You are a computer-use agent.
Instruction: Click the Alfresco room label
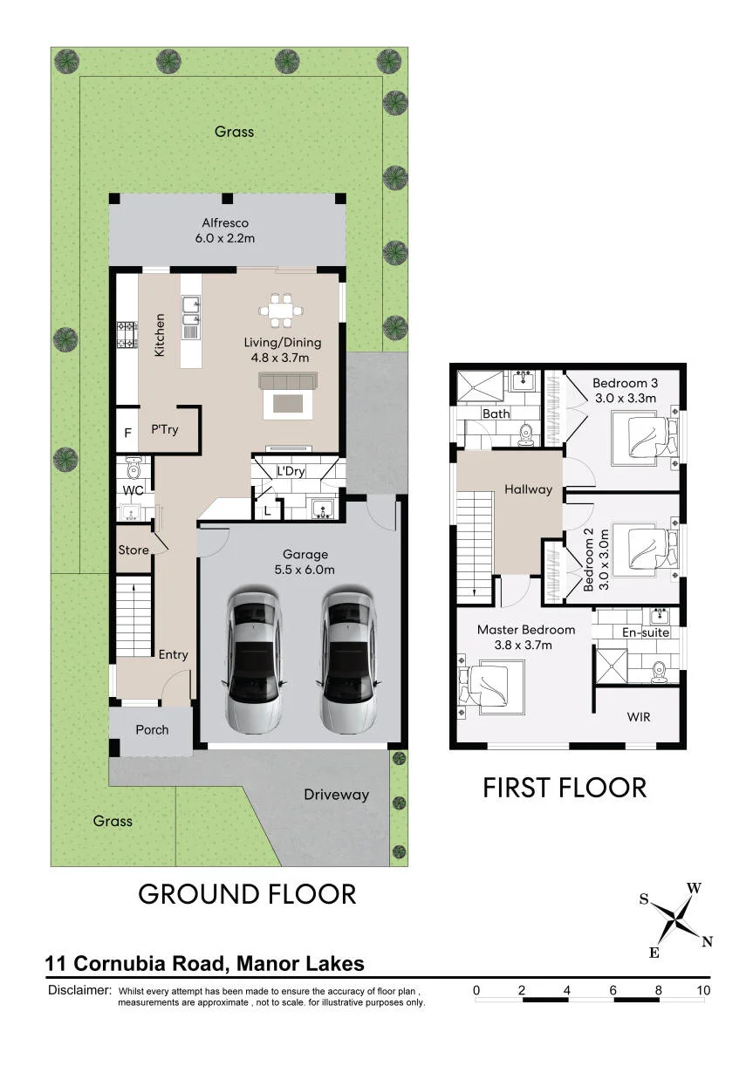coord(225,222)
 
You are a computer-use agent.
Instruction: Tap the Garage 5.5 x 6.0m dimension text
coord(305,570)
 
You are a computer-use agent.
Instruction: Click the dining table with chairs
coord(281,311)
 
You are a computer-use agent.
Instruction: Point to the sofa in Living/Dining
coord(287,380)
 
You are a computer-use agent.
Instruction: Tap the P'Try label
coord(165,430)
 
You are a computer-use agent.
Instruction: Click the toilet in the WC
coord(133,468)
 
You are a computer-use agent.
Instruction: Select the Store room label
coord(133,550)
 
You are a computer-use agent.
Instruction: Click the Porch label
coord(152,730)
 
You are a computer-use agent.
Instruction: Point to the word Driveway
coord(337,796)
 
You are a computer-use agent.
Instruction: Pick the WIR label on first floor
coord(639,717)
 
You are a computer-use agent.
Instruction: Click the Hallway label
coord(529,489)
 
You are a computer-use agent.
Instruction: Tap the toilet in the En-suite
coord(660,672)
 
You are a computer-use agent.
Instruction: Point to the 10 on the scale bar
coord(703,990)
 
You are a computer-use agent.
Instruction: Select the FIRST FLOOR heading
coord(565,788)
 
